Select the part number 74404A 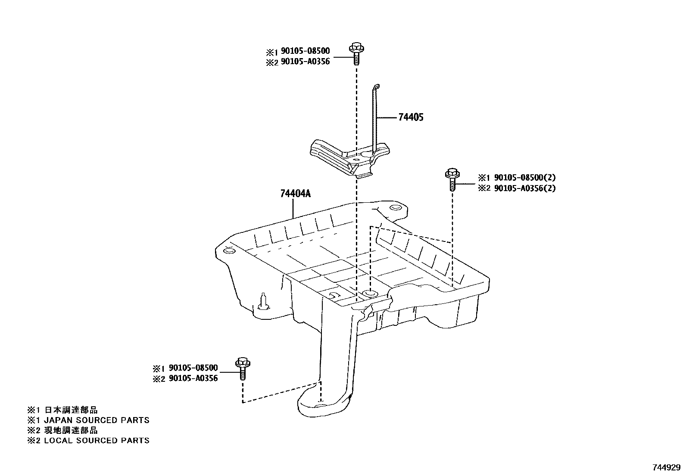[295, 194]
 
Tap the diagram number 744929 [666, 467]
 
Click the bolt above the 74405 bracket [356, 53]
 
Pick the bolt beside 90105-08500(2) [452, 179]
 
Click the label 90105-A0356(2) [525, 188]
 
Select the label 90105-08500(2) [525, 177]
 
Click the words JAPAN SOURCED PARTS [97, 420]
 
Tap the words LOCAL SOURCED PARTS [97, 440]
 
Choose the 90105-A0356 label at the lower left [193, 378]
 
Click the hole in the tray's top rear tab [394, 208]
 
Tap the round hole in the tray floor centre [370, 294]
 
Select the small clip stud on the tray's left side [263, 301]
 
